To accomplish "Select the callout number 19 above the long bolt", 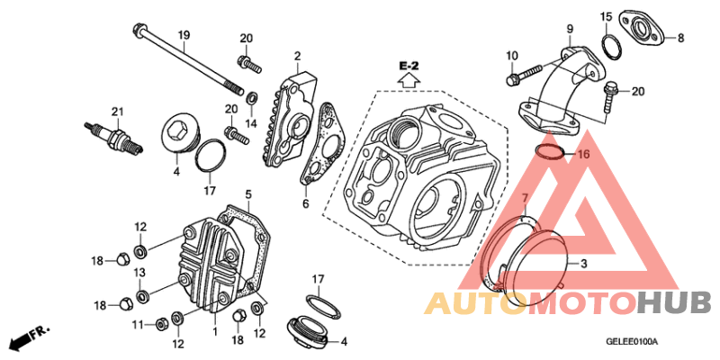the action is [x=184, y=35].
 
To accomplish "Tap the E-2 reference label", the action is [x=409, y=67].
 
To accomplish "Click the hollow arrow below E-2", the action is [x=409, y=81].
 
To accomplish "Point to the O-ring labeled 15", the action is [x=611, y=47].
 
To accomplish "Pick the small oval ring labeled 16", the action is [x=549, y=151].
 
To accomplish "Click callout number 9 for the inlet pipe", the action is [x=570, y=29].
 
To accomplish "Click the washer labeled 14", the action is [x=252, y=98].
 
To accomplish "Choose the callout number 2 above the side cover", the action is [x=298, y=57].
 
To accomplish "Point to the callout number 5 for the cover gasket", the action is [x=248, y=195].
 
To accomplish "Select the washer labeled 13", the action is [x=142, y=294].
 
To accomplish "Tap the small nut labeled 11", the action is [x=161, y=324].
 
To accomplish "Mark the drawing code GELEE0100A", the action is [x=632, y=342].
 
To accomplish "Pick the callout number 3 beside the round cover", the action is [x=583, y=264].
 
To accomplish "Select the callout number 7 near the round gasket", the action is [x=526, y=198].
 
